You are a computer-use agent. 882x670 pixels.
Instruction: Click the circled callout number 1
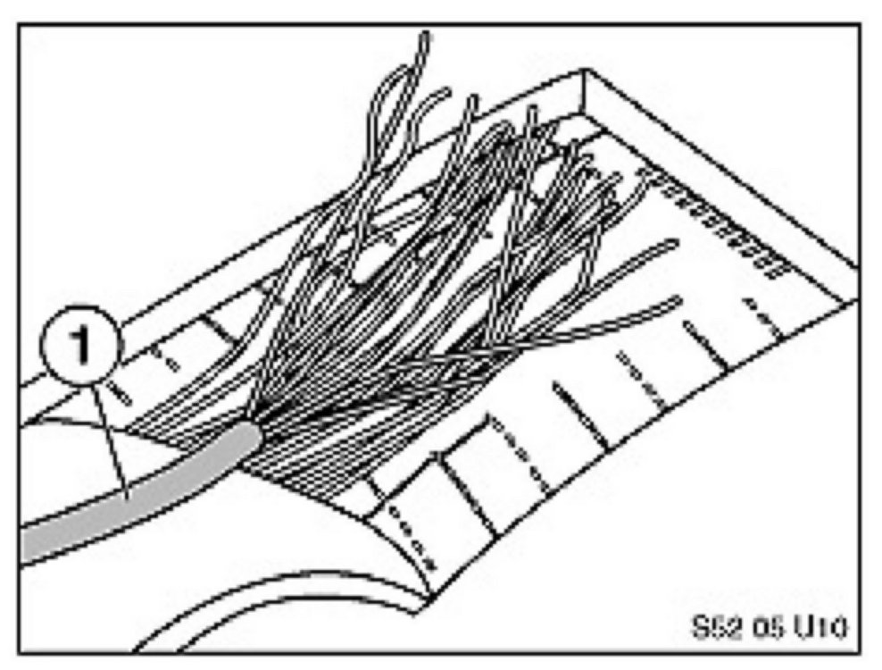(79, 347)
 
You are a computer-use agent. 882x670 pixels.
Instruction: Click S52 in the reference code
(708, 625)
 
